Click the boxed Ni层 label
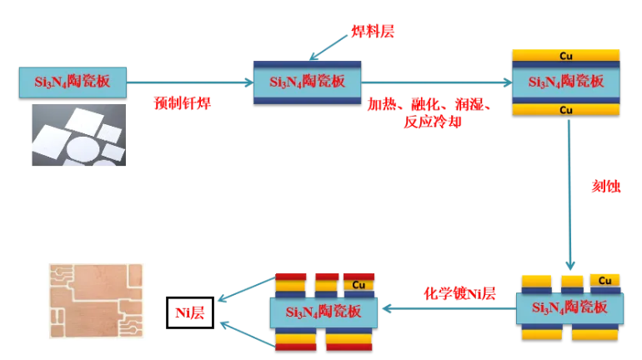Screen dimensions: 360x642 pos(190,312)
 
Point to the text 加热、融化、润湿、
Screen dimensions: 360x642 pos(433,105)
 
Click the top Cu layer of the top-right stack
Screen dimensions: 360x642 pos(566,56)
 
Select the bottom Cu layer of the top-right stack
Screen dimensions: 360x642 pos(566,109)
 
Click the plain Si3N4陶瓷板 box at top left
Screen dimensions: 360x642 pos(73,82)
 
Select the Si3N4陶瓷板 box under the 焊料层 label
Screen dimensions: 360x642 pos(308,82)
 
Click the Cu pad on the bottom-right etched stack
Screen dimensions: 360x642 pos(605,279)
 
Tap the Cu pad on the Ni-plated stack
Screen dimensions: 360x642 pos(360,284)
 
